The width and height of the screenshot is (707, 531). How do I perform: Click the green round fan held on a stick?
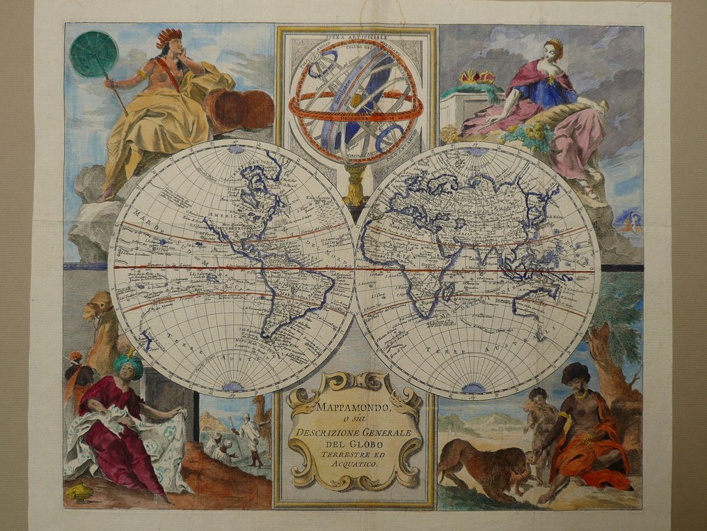(95, 53)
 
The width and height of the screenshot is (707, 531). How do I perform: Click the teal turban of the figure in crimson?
(129, 364)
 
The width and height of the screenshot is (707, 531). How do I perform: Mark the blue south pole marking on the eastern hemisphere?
(475, 387)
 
